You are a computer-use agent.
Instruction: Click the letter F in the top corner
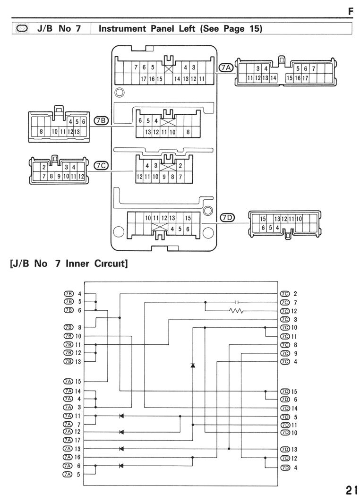pos(351,11)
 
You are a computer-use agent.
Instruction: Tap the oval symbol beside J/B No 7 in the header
pos(22,28)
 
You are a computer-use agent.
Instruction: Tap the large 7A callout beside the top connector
pos(226,68)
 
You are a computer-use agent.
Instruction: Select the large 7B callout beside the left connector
pos(101,120)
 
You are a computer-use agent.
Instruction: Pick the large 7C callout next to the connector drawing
pos(101,165)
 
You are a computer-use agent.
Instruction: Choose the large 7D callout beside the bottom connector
pos(227,218)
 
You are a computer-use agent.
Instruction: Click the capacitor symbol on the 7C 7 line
pos(237,302)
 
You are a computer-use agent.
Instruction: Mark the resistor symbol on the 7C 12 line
pos(236,311)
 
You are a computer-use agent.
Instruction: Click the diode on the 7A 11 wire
pos(121,416)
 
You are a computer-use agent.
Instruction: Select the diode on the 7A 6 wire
pos(121,466)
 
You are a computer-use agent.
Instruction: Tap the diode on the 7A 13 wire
pos(121,449)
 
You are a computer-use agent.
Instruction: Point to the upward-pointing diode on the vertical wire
pos(192,366)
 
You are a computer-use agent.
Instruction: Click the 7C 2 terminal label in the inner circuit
pos(289,294)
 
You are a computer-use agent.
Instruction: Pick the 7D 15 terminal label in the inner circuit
pos(289,391)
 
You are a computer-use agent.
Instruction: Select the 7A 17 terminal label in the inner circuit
pos(72,440)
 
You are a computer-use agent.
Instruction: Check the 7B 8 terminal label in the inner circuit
pos(72,327)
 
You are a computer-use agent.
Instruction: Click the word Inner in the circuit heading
pos(77,264)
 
